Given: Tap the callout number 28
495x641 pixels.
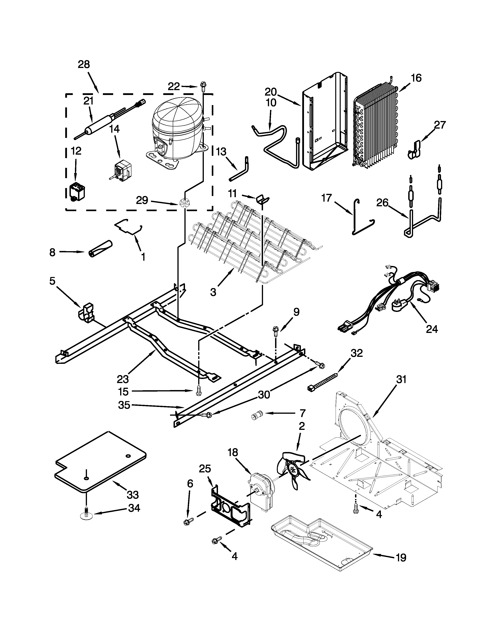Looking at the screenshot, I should click(x=84, y=64).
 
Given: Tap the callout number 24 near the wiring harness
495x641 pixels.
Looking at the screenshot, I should click(x=432, y=329).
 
